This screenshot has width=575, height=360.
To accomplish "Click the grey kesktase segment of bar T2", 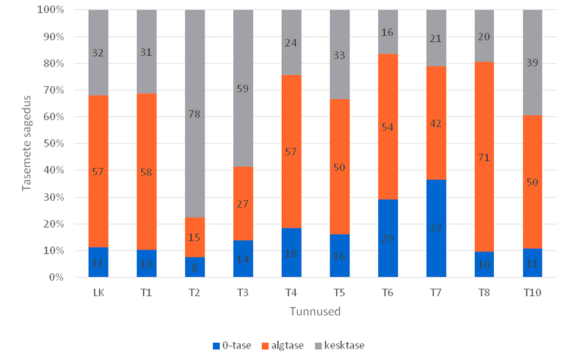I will [x=195, y=77].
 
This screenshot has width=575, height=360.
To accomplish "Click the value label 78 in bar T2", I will [x=195, y=114].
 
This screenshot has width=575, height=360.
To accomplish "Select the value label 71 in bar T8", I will [x=484, y=157].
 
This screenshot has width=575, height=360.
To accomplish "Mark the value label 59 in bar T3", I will [x=243, y=89].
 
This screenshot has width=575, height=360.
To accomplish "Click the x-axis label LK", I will [x=98, y=292].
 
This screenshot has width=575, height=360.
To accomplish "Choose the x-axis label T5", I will [x=340, y=292].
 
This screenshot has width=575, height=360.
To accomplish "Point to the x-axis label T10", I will [x=533, y=292].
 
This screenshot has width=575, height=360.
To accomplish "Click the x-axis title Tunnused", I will [x=315, y=312].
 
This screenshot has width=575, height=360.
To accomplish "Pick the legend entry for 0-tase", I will [x=234, y=345].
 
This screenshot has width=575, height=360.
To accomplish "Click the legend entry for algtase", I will [x=282, y=345].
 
